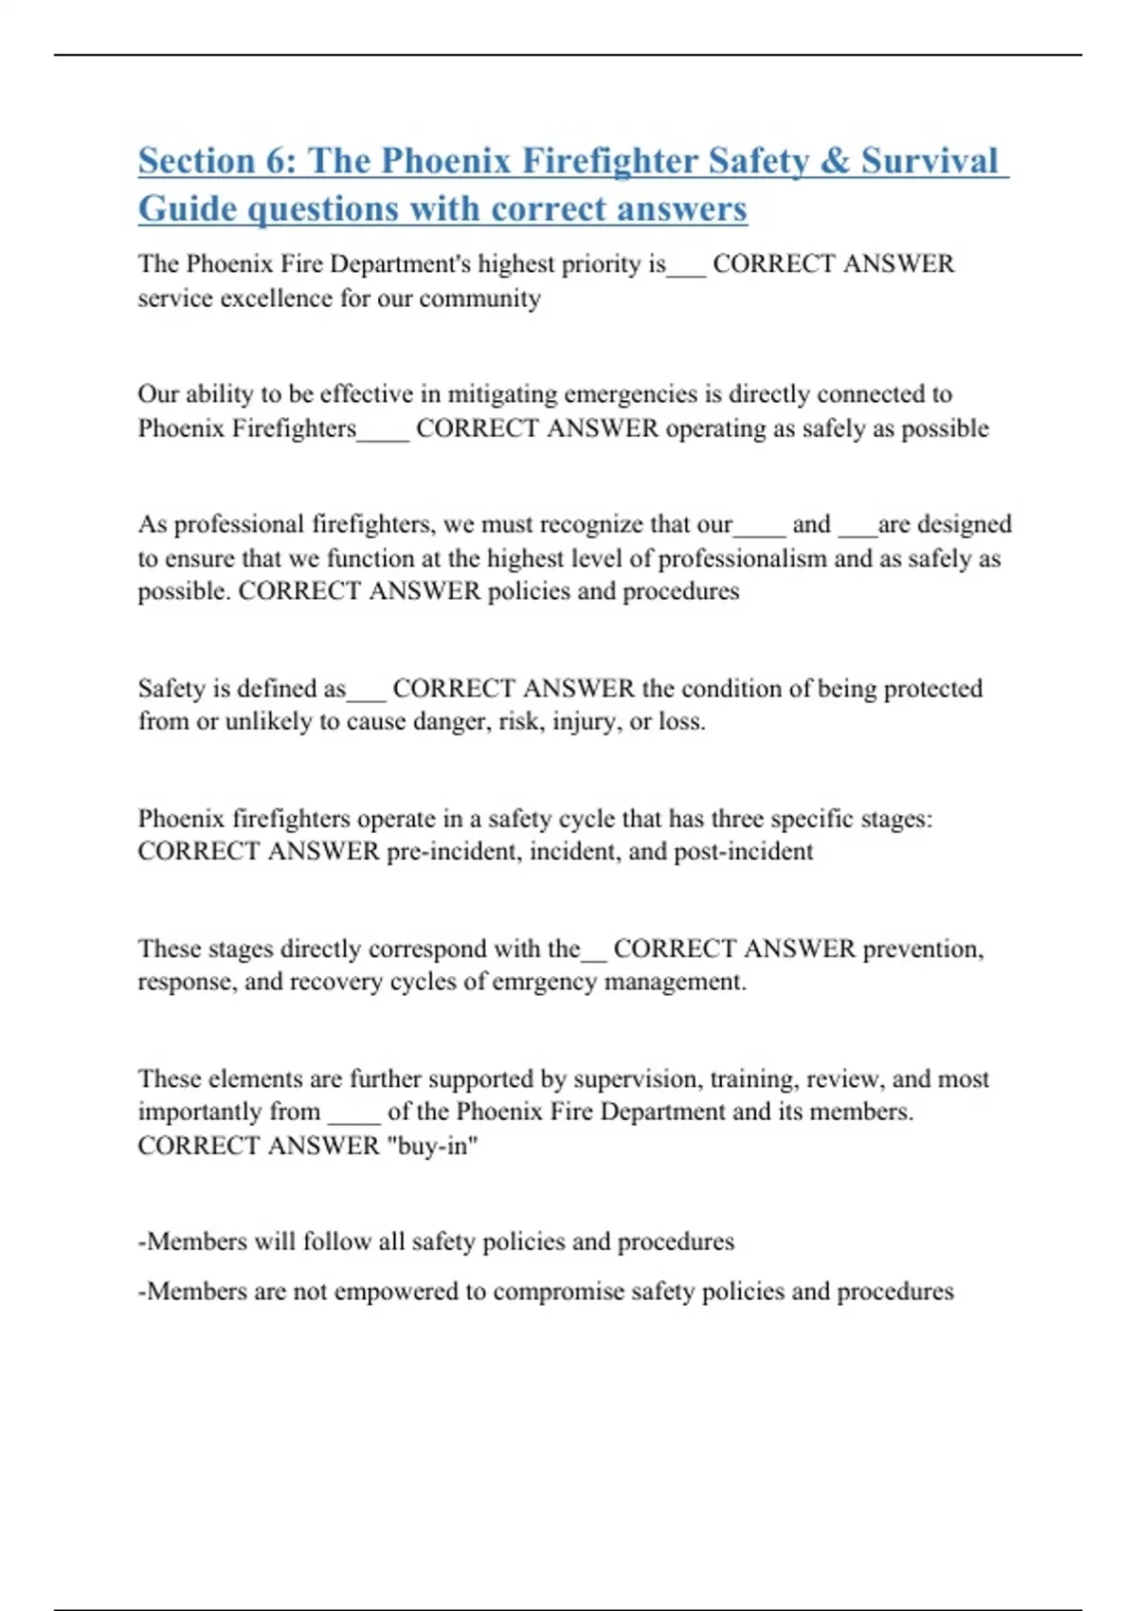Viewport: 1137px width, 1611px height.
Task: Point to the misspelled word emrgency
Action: coord(544,982)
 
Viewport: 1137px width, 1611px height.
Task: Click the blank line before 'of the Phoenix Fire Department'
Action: coord(353,1116)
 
